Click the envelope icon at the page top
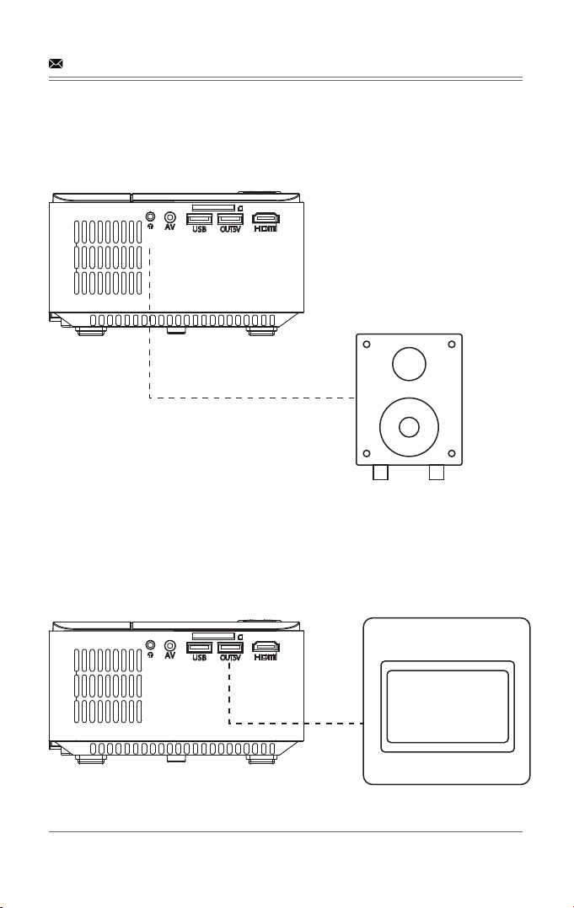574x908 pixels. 56,64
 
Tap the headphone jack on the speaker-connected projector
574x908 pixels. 151,216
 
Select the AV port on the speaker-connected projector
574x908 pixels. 169,216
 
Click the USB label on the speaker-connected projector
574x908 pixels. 199,229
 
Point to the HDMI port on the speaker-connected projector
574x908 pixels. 266,218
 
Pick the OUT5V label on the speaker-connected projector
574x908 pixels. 230,229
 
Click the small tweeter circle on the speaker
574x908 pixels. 409,364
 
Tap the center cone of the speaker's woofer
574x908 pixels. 409,427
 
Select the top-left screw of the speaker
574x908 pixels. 366,345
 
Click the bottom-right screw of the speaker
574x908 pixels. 452,453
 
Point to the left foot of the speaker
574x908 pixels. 380,473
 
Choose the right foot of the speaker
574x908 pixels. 436,473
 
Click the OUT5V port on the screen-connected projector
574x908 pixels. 230,648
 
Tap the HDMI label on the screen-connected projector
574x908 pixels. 266,658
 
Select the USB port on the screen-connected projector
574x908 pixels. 199,648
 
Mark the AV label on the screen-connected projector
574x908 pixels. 169,656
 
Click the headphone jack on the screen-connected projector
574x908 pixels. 151,644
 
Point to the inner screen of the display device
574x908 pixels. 448,707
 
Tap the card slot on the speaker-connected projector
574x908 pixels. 213,206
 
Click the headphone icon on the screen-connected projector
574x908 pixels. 151,655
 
